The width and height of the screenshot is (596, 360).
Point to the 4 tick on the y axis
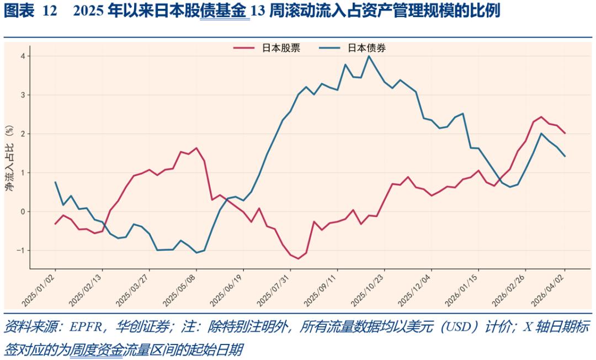(x=23, y=56)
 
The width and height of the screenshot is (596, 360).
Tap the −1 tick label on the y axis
(x=21, y=251)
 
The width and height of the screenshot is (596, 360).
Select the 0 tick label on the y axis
(x=23, y=211)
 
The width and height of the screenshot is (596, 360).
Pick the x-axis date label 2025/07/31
(x=275, y=289)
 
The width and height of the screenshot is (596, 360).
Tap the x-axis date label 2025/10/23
(x=369, y=289)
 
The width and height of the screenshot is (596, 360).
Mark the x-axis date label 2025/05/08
(x=181, y=289)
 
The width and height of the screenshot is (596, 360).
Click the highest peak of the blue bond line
(x=369, y=56)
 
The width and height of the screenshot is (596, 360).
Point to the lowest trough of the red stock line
(x=299, y=258)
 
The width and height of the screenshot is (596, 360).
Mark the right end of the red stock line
(x=565, y=133)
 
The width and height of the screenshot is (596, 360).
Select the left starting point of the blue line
(x=55, y=182)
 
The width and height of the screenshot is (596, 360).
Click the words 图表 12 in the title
(x=30, y=12)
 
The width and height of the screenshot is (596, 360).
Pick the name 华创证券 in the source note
(x=136, y=327)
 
